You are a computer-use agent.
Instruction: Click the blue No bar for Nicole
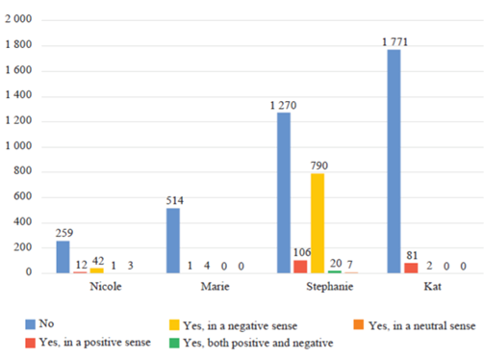[63, 257]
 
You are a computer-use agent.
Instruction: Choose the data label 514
[173, 199]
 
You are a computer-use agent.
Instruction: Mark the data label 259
[63, 232]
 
